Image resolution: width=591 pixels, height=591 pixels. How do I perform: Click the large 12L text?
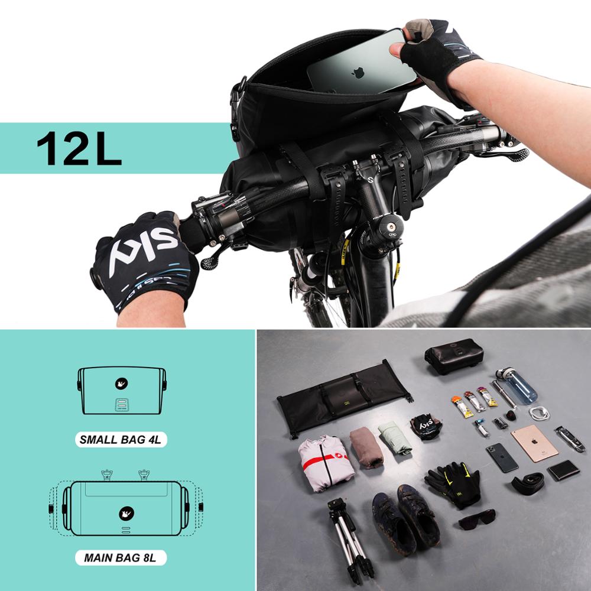(x=79, y=148)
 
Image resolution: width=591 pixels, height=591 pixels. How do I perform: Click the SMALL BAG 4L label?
(x=122, y=440)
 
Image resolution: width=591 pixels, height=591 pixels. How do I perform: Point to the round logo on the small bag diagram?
(x=121, y=384)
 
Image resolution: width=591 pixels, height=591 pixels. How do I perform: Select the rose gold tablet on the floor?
(x=534, y=443)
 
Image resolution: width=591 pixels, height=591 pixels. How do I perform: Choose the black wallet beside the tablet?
(x=563, y=470)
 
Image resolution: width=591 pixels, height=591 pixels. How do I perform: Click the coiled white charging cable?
(x=539, y=413)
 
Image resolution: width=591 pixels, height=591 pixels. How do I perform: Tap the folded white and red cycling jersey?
(x=326, y=462)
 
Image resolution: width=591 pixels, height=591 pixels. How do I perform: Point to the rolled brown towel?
(x=366, y=447)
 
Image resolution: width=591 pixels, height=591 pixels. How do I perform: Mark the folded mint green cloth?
(x=394, y=438)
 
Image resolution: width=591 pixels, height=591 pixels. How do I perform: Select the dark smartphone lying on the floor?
(x=502, y=457)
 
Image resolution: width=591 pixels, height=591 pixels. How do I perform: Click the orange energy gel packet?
(x=462, y=406)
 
